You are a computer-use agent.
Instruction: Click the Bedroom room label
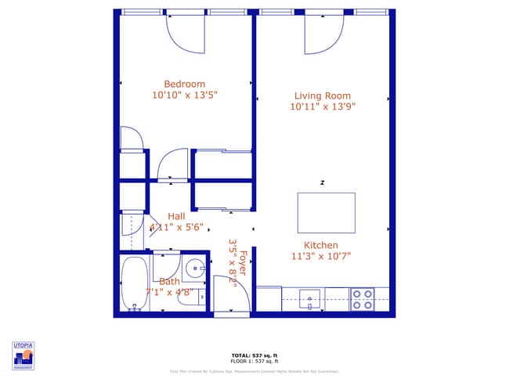pos(184,85)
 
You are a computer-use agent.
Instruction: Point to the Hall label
pos(176,215)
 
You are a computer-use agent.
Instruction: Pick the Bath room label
pos(169,282)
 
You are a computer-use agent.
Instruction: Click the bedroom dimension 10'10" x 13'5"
pos(184,95)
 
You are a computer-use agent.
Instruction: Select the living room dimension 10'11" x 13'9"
pos(323,106)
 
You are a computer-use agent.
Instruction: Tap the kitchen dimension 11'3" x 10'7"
pos(322,256)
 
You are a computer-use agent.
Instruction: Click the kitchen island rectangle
pos(326,212)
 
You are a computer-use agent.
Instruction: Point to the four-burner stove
pos(362,300)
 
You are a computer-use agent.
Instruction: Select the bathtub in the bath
pos(134,284)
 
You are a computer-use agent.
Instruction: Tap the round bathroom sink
pos(193,267)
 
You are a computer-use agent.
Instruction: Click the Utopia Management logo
pos(22,355)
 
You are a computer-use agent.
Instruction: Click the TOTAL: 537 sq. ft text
pos(254,356)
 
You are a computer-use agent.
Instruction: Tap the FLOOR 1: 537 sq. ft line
pos(254,362)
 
